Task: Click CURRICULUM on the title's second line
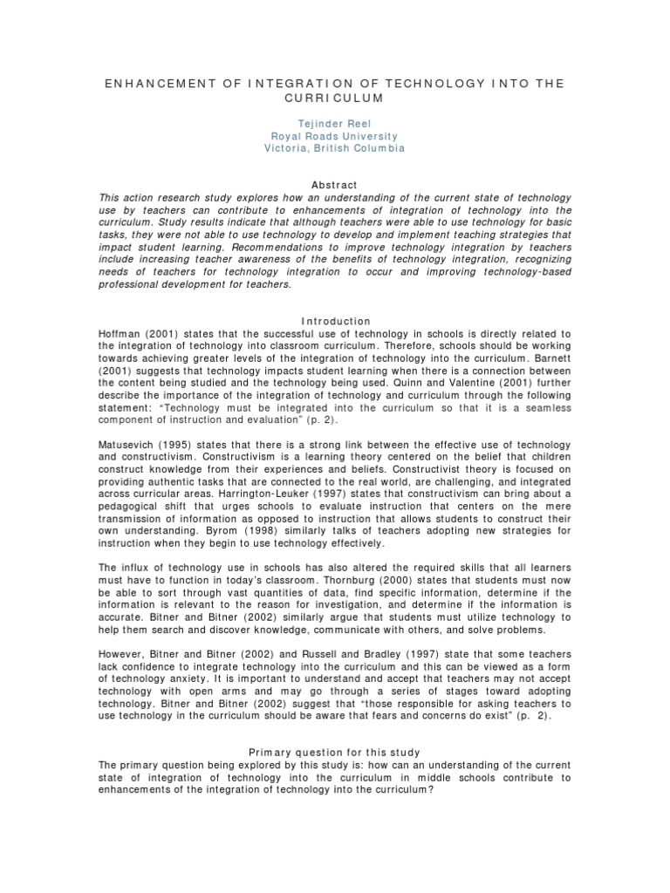[334, 99]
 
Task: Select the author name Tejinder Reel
[335, 124]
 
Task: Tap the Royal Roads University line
[335, 136]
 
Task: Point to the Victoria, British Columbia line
[335, 148]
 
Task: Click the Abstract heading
[335, 185]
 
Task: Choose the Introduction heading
[335, 321]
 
